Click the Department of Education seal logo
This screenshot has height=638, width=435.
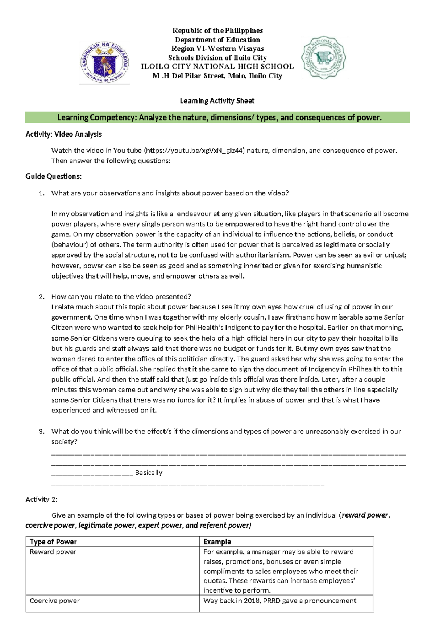click(x=104, y=63)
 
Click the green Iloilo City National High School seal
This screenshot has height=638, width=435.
click(x=324, y=57)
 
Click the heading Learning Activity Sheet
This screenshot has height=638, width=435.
click(x=217, y=101)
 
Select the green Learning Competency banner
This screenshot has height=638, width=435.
click(x=217, y=118)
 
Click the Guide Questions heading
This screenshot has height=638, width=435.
click(x=53, y=177)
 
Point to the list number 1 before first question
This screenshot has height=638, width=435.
click(x=41, y=193)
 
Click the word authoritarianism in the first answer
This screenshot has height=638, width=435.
click(x=261, y=255)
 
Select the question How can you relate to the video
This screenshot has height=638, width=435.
click(x=121, y=296)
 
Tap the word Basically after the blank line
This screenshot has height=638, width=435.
click(x=149, y=473)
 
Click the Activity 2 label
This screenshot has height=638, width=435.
click(x=41, y=499)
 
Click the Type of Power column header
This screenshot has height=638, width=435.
click(x=53, y=542)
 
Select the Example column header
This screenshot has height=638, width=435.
click(x=217, y=542)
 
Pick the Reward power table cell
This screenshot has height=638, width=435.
click(x=53, y=552)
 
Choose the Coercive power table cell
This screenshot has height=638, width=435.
click(x=54, y=601)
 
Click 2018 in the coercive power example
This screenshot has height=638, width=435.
click(x=252, y=601)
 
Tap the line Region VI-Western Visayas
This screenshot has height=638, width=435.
click(x=217, y=49)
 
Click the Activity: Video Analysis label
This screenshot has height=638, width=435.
click(x=63, y=134)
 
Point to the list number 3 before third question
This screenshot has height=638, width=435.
click(x=41, y=432)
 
